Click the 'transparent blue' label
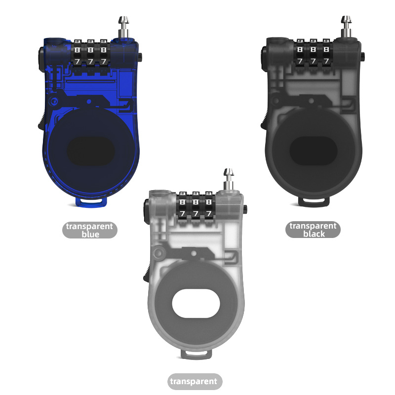pyautogui.click(x=90, y=230)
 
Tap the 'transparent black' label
pyautogui.click(x=313, y=230)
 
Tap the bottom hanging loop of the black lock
pyautogui.click(x=315, y=201)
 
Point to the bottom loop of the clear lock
pyautogui.click(x=197, y=353)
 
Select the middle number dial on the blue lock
pyautogui.click(x=91, y=55)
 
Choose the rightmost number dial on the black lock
pyautogui.click(x=326, y=55)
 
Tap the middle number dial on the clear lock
pyautogui.click(x=197, y=207)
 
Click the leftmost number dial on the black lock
pyautogui.click(x=301, y=55)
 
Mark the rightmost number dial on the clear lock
pyautogui.click(x=209, y=207)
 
